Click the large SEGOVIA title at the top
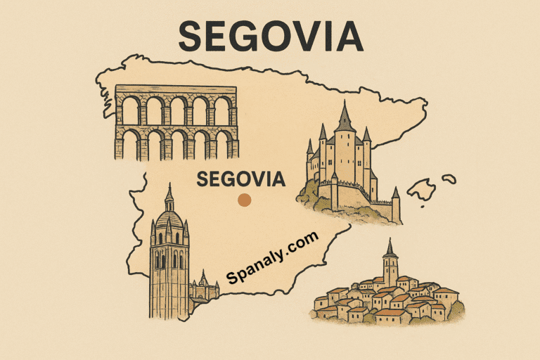point(271,36)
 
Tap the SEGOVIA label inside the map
point(241,179)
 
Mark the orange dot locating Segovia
point(243,200)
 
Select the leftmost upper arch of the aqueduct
point(131,110)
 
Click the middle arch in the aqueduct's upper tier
point(176,110)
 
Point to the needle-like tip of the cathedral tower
point(169,188)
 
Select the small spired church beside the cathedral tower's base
point(203,284)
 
